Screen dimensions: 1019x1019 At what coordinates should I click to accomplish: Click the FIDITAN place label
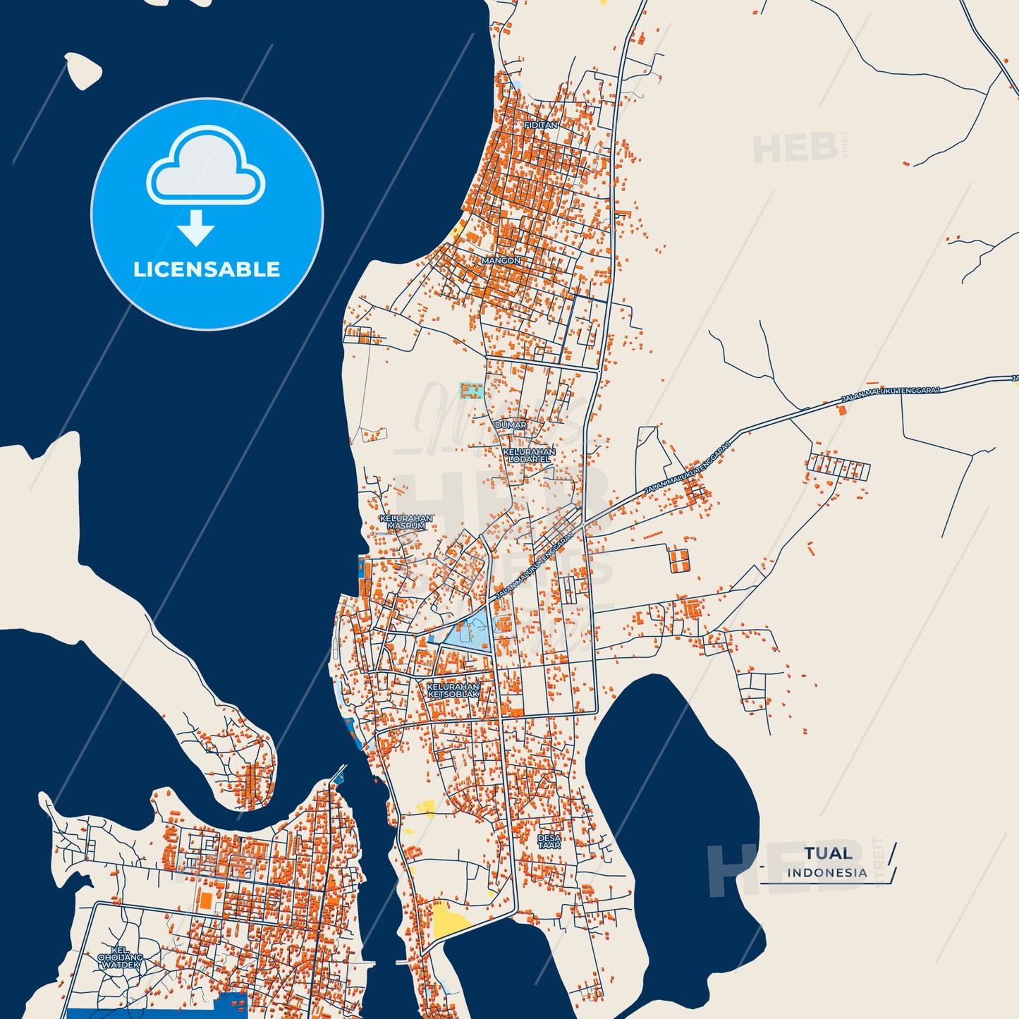pyautogui.click(x=541, y=125)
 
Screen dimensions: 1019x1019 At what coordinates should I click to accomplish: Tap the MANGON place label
pyautogui.click(x=501, y=261)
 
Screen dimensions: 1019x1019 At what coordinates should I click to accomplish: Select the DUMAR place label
pyautogui.click(x=511, y=425)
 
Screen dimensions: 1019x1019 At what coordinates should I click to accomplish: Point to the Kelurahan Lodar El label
pyautogui.click(x=529, y=456)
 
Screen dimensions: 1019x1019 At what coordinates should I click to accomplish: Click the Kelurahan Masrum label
pyautogui.click(x=406, y=522)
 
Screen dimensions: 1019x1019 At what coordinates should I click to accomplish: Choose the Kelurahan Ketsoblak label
pyautogui.click(x=453, y=690)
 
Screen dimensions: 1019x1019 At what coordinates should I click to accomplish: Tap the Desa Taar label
pyautogui.click(x=549, y=841)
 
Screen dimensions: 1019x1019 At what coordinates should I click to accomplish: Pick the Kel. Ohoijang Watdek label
pyautogui.click(x=121, y=957)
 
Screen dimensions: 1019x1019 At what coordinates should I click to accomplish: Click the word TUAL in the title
pyautogui.click(x=828, y=853)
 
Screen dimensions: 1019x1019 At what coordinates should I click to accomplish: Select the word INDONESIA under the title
pyautogui.click(x=827, y=873)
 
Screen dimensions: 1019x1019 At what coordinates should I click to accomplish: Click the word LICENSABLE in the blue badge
pyautogui.click(x=207, y=269)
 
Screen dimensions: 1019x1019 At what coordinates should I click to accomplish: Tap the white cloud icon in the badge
pyautogui.click(x=205, y=166)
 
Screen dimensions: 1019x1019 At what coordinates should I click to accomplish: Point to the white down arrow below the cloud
pyautogui.click(x=196, y=227)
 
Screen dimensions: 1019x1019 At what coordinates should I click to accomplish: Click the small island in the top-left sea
pyautogui.click(x=84, y=71)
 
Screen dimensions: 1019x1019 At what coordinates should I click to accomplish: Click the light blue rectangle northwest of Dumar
pyautogui.click(x=471, y=391)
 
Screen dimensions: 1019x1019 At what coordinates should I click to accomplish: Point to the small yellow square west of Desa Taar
pyautogui.click(x=427, y=807)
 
